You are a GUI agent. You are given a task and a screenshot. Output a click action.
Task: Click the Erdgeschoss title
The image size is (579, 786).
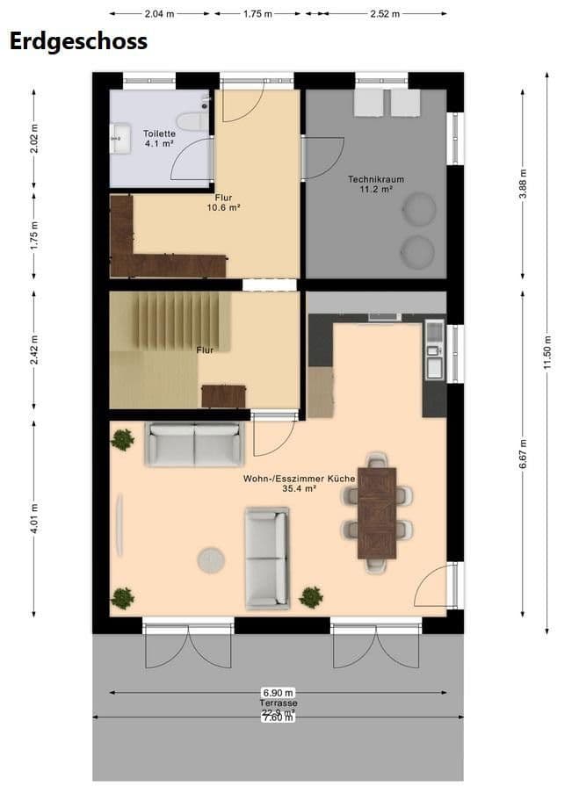coord(77,40)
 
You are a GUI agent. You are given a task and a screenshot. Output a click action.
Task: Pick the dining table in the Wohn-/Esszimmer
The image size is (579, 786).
coord(377,511)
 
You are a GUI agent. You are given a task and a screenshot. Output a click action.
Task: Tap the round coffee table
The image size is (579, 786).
coord(211,559)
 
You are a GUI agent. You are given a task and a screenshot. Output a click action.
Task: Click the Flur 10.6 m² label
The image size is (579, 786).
coord(223,203)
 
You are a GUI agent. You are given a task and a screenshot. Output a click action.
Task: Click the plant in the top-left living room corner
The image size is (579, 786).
coord(122,439)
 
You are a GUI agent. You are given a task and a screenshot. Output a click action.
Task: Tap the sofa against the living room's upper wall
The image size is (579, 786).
coord(194,444)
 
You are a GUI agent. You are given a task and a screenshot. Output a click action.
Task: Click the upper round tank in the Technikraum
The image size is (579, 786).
coord(419,209)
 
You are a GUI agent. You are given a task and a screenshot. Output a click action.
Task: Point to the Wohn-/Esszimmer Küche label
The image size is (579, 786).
coord(299,484)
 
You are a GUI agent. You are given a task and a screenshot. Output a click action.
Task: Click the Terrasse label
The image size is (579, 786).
coord(278,704)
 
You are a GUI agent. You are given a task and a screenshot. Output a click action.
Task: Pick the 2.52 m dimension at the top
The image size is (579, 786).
coord(385,14)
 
